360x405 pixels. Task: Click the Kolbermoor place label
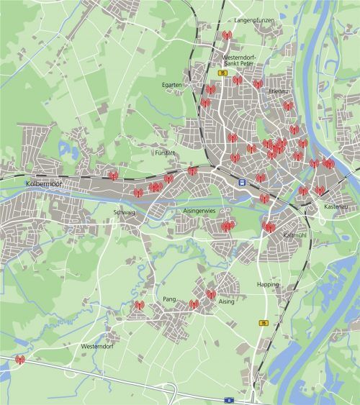coord(40,184)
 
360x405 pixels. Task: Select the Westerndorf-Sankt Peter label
coord(236,59)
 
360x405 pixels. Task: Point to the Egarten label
coord(172,84)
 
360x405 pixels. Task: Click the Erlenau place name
coord(279,91)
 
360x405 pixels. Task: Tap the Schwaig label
coord(124,211)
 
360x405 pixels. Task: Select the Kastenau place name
coord(336,207)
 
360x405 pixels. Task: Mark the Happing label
coord(267,284)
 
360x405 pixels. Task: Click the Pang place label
coord(169,298)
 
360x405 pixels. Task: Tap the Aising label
coord(227,303)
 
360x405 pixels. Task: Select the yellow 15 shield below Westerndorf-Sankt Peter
coord(224,73)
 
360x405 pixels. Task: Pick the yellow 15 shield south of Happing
coord(264,323)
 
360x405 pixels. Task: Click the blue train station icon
coord(243,182)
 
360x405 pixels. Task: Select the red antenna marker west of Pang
coord(139,306)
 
